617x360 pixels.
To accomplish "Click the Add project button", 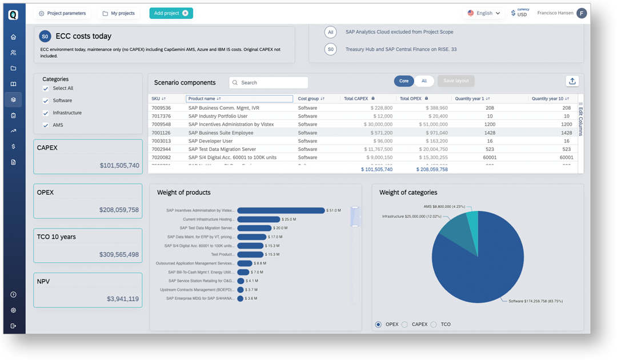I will click(x=171, y=13).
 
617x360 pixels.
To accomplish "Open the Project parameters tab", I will click(x=62, y=13).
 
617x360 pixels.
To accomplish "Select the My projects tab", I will click(x=118, y=13).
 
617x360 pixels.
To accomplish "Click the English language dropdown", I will click(x=484, y=13).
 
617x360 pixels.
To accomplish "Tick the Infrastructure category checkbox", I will click(x=46, y=113).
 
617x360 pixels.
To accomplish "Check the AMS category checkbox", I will click(x=46, y=125).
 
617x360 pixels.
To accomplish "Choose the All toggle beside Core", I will click(x=424, y=81).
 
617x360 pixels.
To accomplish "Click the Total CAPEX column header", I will click(x=356, y=99).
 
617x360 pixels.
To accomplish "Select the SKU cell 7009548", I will click(x=161, y=124).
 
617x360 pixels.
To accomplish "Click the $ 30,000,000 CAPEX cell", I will click(x=372, y=124).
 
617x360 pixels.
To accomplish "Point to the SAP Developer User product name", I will click(x=210, y=141).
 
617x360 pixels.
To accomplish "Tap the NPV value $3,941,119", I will click(x=122, y=299).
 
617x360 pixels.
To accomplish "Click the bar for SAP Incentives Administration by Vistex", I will click(x=281, y=210).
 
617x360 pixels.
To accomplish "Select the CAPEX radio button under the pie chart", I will click(x=404, y=325).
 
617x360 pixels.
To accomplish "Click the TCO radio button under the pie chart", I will click(x=434, y=325).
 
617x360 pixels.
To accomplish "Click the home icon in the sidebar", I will click(x=13, y=37).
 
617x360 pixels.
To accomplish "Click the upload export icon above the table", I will click(x=572, y=81).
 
